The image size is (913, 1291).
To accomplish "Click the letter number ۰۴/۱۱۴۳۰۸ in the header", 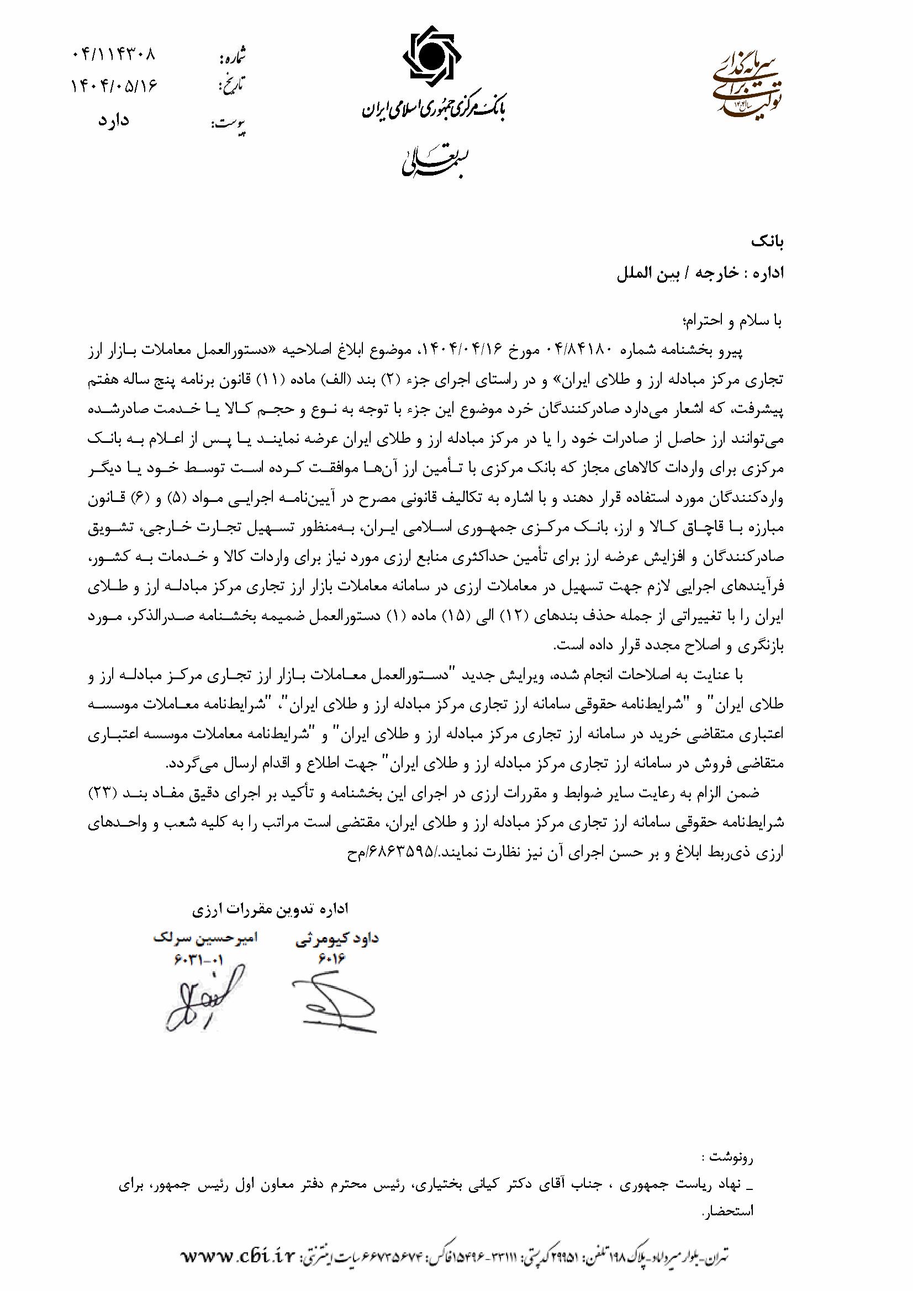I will click(114, 56).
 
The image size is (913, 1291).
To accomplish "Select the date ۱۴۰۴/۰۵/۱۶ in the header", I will click(114, 87).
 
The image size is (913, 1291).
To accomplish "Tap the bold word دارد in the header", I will click(114, 120).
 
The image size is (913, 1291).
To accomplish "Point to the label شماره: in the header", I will click(232, 57).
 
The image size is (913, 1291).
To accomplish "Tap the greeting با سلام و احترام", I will click(731, 321).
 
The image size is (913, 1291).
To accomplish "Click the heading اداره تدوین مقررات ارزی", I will click(271, 909).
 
